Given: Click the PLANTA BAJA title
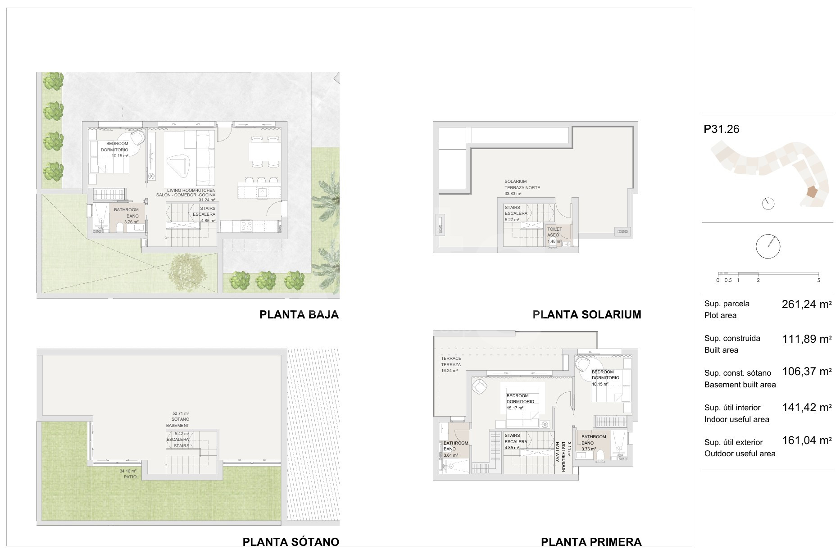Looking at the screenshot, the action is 299,314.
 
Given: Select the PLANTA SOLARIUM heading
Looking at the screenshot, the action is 587,314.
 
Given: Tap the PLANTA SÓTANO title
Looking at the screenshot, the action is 291,542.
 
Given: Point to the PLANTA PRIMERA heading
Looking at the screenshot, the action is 591,542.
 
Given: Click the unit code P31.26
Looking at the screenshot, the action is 722,129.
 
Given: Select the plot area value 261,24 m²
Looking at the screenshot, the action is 807,304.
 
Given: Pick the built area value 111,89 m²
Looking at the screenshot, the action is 807,339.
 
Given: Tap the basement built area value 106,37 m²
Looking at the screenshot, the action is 807,372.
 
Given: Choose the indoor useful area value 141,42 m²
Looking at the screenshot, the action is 807,408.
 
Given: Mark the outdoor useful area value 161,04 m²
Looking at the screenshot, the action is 807,440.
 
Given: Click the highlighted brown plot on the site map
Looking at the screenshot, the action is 812,192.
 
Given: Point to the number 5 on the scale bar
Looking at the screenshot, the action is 818,280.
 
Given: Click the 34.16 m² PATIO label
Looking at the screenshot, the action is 128,474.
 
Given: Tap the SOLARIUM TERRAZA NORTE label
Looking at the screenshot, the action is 522,187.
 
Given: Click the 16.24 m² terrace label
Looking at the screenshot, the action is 451,364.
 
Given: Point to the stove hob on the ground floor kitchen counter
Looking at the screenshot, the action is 247,225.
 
